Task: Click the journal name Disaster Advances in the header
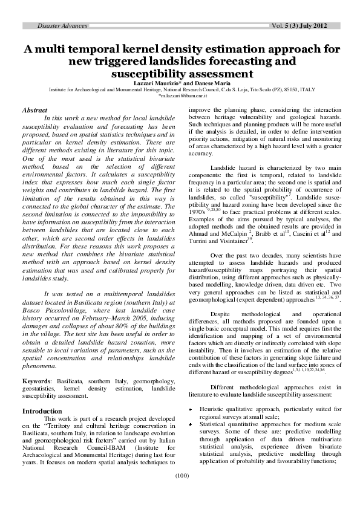[62, 26]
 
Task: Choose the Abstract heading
[35, 110]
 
